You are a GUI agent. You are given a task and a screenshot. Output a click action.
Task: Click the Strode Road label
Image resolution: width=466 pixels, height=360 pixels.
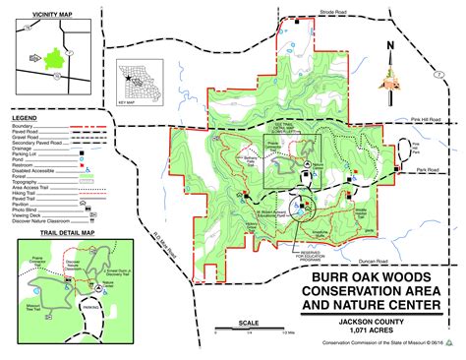click(x=334, y=13)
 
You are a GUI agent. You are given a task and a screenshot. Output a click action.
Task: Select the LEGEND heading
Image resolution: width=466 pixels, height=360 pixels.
click(x=26, y=117)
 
